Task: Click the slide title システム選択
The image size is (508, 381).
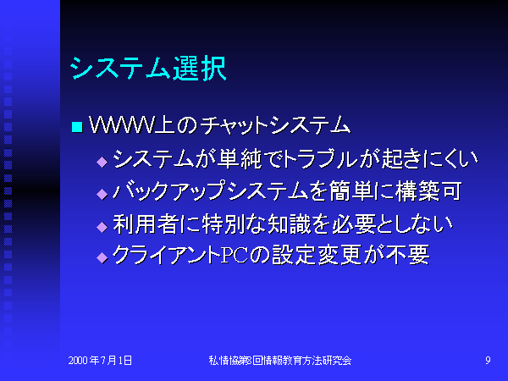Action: pyautogui.click(x=147, y=69)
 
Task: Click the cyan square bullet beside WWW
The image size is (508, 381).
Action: pyautogui.click(x=77, y=127)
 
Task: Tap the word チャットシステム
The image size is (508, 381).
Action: pyautogui.click(x=274, y=125)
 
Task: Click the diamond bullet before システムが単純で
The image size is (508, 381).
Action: pyautogui.click(x=102, y=162)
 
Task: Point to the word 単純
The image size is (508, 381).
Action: pyautogui.click(x=240, y=159)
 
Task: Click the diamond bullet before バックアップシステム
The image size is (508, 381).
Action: pyautogui.click(x=102, y=194)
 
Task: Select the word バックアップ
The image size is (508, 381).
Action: pyautogui.click(x=168, y=191)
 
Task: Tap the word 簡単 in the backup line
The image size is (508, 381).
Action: pyautogui.click(x=351, y=191)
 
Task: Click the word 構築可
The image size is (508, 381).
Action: pyautogui.click(x=428, y=191)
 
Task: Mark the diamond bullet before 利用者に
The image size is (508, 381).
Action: pyautogui.click(x=102, y=227)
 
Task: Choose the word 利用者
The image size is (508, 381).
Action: pyautogui.click(x=145, y=224)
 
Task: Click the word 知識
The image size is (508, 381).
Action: pyautogui.click(x=290, y=224)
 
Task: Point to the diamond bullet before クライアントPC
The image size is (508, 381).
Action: pyautogui.click(x=102, y=258)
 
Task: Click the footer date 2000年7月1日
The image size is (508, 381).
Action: pyautogui.click(x=100, y=361)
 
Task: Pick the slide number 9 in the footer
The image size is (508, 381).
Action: pyautogui.click(x=488, y=361)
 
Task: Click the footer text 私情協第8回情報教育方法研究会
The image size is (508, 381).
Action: pyautogui.click(x=280, y=361)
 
